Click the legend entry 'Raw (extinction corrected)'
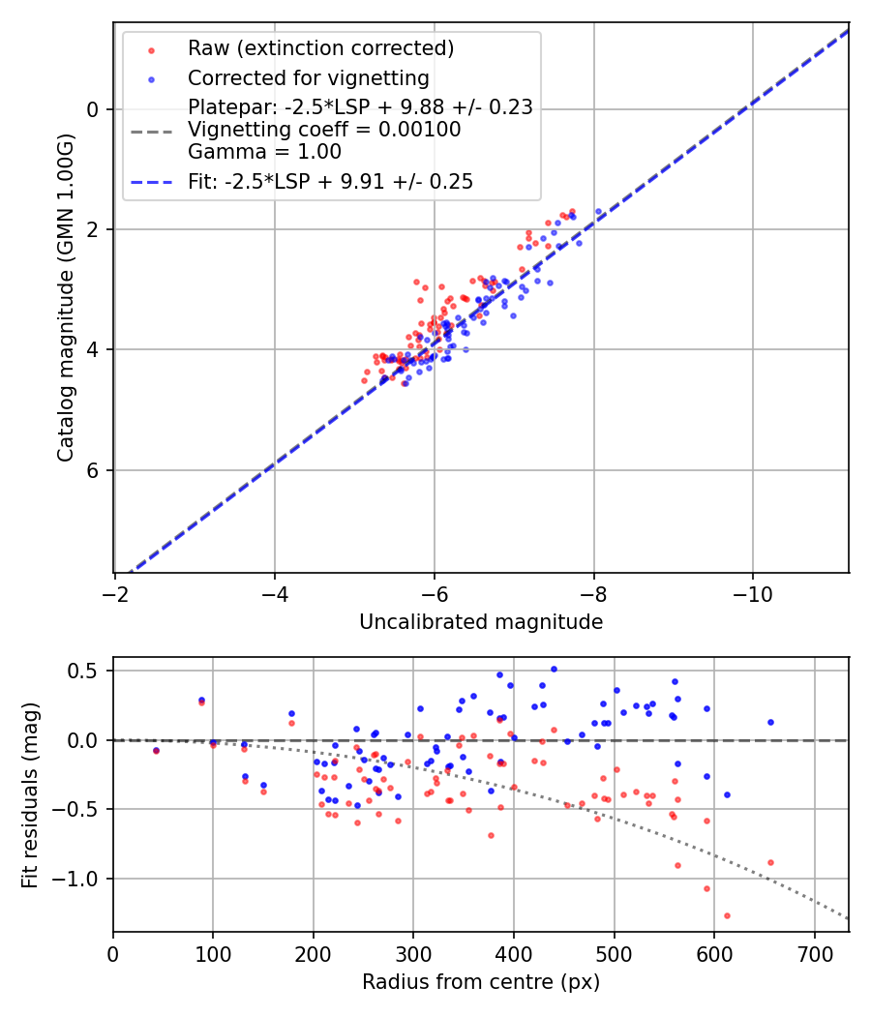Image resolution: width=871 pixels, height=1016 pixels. click(x=320, y=48)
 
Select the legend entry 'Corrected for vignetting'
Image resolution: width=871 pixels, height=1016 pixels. click(x=308, y=77)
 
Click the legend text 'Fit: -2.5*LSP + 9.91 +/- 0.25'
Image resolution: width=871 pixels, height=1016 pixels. click(x=330, y=182)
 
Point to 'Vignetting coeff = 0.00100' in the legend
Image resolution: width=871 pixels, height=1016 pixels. click(x=324, y=130)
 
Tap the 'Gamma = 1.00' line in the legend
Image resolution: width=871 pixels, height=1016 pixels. click(x=264, y=152)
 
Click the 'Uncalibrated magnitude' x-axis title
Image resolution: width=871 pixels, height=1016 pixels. click(x=481, y=622)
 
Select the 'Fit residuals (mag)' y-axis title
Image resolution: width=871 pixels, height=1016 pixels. click(x=30, y=793)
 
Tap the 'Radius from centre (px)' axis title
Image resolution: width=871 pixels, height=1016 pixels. click(x=481, y=982)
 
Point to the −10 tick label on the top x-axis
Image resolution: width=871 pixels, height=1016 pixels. click(x=753, y=593)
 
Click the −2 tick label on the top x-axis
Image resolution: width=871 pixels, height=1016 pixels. click(x=115, y=593)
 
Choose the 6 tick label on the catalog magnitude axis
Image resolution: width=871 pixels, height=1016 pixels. click(x=93, y=470)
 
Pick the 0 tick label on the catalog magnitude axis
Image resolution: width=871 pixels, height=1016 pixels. click(x=93, y=109)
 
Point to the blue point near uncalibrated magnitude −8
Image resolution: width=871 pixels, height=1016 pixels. click(x=598, y=211)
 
